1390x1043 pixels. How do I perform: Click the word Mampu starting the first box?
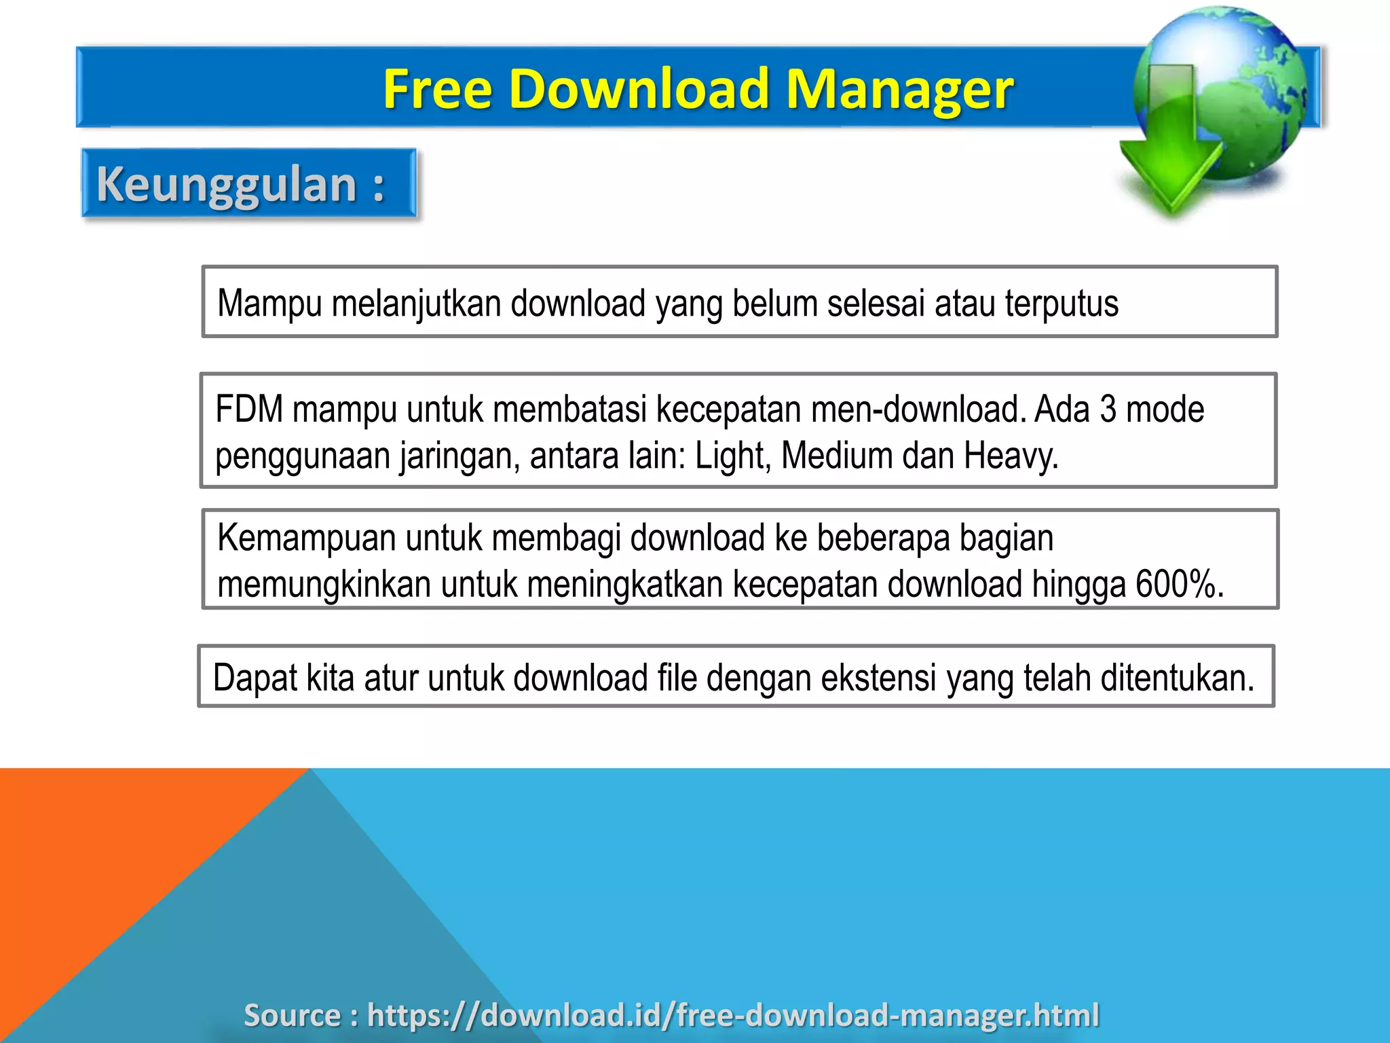tap(269, 304)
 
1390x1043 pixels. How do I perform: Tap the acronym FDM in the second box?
tap(248, 409)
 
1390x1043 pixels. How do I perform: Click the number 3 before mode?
tap(1108, 409)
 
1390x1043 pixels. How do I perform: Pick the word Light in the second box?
tap(732, 456)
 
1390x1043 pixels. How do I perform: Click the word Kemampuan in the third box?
tap(307, 538)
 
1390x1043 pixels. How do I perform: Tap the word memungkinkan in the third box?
tap(324, 584)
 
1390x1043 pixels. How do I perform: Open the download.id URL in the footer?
tap(732, 1015)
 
